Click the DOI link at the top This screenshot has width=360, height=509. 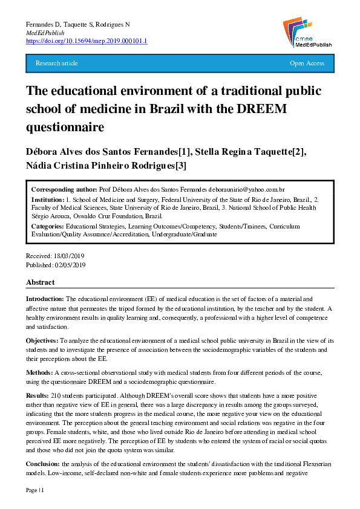point(87,41)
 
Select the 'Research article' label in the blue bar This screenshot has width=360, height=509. point(57,63)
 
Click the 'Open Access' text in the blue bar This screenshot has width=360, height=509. point(307,63)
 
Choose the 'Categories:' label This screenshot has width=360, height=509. point(49,225)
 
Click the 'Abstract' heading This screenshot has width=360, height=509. point(40,282)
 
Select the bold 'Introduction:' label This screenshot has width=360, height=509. point(45,299)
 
